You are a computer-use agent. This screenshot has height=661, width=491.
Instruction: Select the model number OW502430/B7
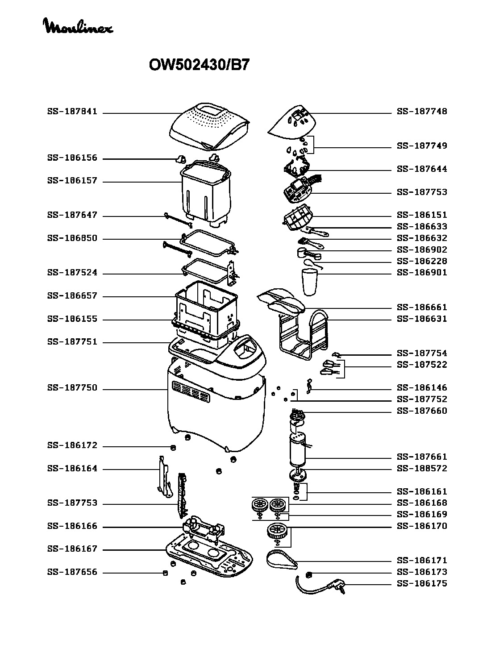coord(199,65)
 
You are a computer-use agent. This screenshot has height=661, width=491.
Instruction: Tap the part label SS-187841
coord(72,112)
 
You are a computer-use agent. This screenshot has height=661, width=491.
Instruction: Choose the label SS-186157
coord(72,181)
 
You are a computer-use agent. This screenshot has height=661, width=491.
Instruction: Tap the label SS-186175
coord(422,584)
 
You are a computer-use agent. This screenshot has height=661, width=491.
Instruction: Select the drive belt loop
coord(283,560)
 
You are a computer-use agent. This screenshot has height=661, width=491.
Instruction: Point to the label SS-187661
coord(422,457)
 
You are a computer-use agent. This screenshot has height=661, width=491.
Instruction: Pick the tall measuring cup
coord(308,282)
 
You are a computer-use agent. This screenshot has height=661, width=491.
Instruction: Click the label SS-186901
coord(422,273)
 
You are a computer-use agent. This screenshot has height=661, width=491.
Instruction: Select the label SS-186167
coord(72,549)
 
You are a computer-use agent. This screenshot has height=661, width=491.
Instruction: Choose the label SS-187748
coord(422,112)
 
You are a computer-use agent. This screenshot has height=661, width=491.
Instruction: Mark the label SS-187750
coord(72,388)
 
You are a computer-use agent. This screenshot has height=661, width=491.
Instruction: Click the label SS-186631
coord(422,319)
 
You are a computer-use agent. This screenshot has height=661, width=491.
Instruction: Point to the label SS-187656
coord(72,572)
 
